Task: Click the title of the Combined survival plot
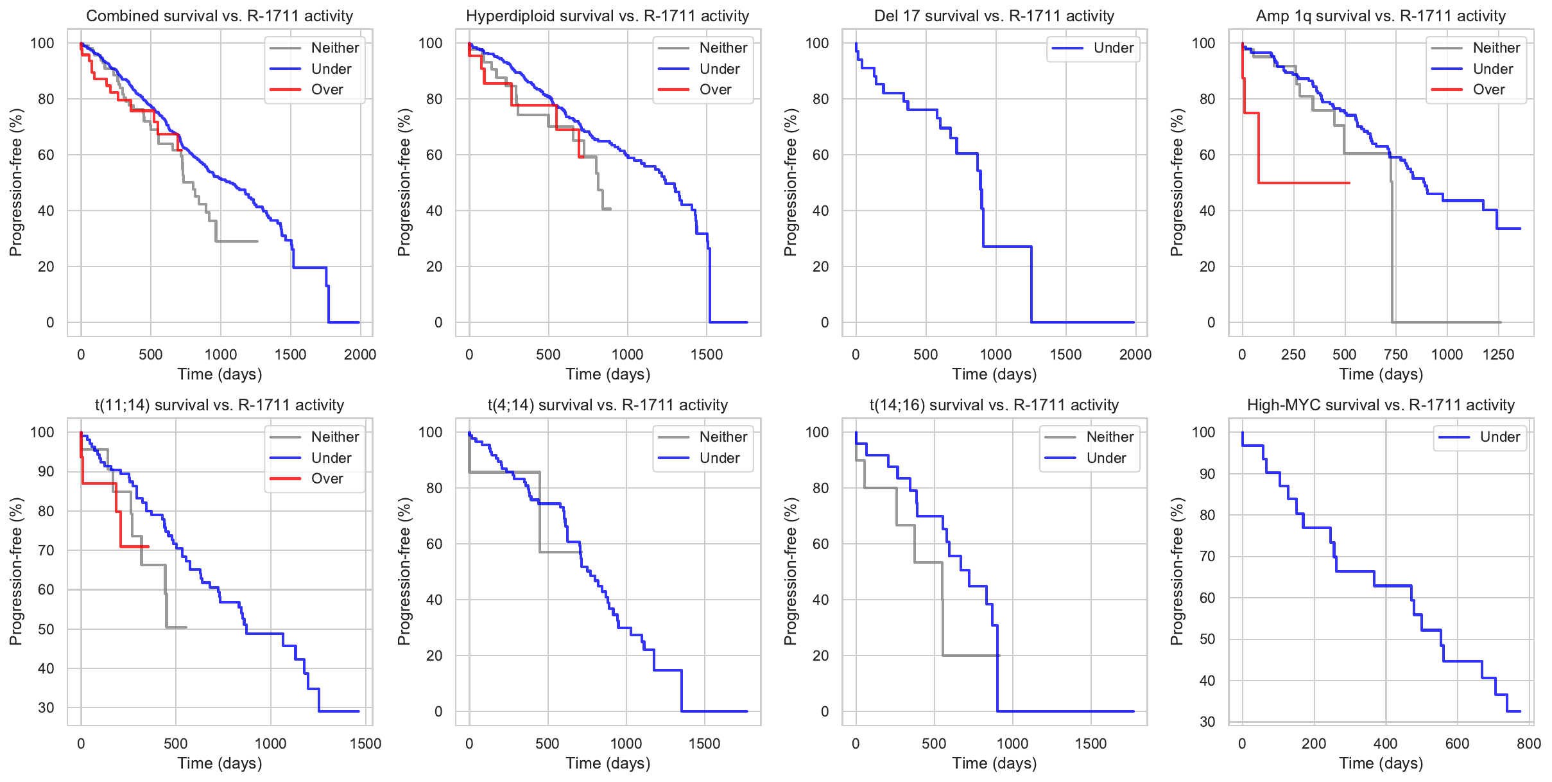click(220, 16)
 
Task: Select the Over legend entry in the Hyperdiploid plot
click(715, 90)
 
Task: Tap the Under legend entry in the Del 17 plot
click(1113, 48)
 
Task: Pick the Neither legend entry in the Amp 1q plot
click(1496, 48)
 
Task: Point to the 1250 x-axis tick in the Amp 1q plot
click(1498, 354)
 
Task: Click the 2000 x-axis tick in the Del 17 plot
click(1135, 354)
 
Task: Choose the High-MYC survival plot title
click(1381, 405)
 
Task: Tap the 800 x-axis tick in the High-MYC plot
click(1528, 743)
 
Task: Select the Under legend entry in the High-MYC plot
click(1499, 437)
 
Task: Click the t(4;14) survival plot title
click(608, 405)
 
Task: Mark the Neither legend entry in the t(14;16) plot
click(1109, 437)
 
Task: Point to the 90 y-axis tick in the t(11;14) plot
click(46, 472)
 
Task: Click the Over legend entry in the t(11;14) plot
click(327, 479)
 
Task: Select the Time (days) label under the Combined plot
click(220, 374)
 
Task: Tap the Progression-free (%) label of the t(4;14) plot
click(404, 571)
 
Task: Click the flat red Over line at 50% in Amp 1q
click(1303, 183)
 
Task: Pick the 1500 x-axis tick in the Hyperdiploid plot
click(707, 354)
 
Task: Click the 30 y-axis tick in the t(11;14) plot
click(46, 708)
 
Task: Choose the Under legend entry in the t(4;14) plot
click(719, 458)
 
